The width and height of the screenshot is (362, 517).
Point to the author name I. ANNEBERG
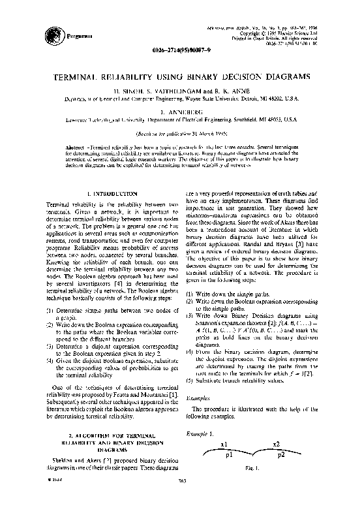181,112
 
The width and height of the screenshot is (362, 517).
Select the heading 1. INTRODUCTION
111,194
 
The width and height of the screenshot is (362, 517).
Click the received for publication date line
181,133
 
